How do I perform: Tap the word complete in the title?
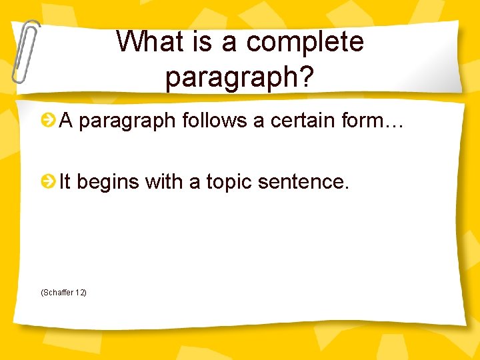point(305,43)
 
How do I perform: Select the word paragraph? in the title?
point(239,77)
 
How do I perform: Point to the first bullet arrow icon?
point(48,121)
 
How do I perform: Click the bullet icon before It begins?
point(48,181)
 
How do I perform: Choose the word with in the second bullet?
point(163,181)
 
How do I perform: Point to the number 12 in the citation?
point(80,293)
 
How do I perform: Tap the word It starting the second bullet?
point(65,181)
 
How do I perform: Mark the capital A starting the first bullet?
point(65,121)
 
